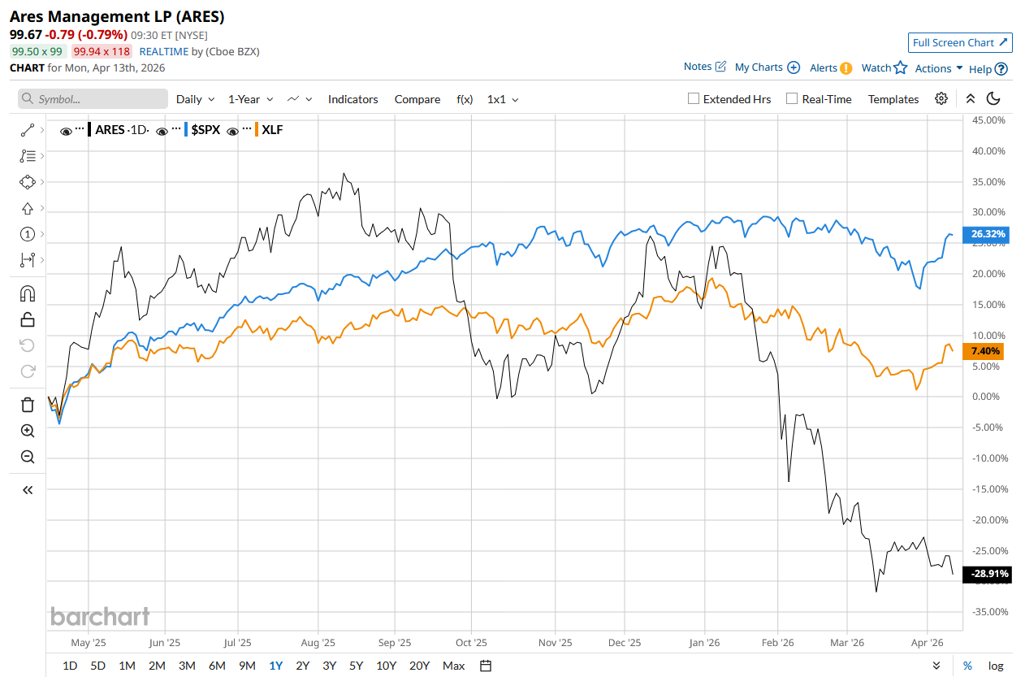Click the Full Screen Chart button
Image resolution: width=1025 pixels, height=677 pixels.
(x=960, y=42)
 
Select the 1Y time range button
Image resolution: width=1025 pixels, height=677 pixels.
(x=276, y=666)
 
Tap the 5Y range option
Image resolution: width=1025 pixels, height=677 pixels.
(x=356, y=666)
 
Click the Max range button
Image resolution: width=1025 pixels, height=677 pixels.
(x=453, y=666)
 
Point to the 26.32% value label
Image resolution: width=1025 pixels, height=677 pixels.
(x=988, y=234)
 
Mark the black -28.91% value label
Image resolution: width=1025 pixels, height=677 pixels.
(x=988, y=574)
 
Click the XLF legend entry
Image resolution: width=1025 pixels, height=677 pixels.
(x=272, y=130)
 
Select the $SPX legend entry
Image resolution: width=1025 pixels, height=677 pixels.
(x=205, y=130)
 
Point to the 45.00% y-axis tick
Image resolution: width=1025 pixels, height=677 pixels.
(x=988, y=119)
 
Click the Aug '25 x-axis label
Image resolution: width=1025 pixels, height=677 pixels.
(x=318, y=642)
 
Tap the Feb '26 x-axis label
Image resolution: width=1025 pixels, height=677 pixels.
(x=777, y=642)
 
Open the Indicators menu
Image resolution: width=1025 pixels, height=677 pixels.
(x=352, y=99)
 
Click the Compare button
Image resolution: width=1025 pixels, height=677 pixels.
(x=417, y=99)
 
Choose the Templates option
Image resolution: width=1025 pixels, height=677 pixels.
(x=893, y=99)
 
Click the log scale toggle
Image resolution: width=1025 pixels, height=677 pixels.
(x=996, y=666)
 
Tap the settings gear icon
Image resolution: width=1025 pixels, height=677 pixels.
(x=941, y=98)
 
